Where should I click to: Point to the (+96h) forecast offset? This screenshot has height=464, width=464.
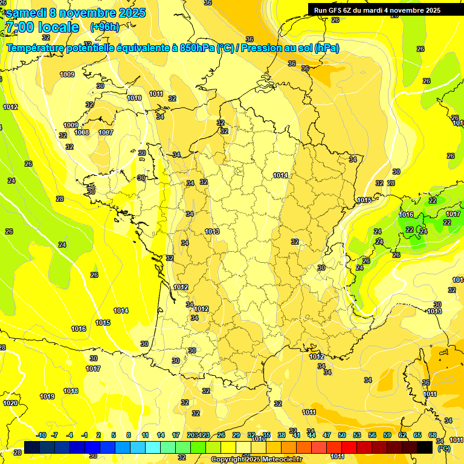[x=105, y=27]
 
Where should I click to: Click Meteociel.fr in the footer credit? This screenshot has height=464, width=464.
[x=283, y=460]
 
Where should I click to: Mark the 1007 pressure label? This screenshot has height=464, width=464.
[x=106, y=132]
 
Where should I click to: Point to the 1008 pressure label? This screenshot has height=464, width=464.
[x=82, y=133]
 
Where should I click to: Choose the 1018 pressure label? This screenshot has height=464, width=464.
[x=71, y=391]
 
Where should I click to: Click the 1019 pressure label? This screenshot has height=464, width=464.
[x=47, y=397]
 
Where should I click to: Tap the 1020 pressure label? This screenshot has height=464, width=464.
[x=10, y=403]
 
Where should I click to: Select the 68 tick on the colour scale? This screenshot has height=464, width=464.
[x=432, y=435]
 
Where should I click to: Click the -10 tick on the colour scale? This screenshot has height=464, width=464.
[x=42, y=435]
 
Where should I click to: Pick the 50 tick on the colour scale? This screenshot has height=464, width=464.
[x=342, y=435]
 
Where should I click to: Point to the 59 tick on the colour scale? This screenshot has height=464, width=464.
[x=387, y=435]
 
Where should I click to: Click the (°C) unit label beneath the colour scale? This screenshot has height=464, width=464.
[x=443, y=448]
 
